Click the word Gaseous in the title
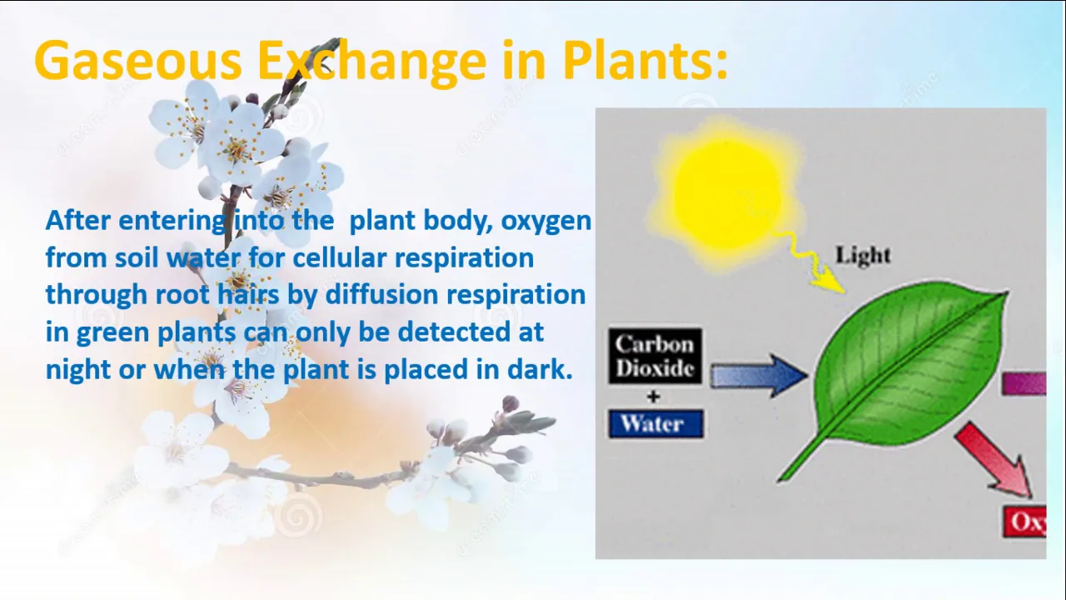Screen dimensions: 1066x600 [138, 61]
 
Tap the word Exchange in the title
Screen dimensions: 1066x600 [371, 62]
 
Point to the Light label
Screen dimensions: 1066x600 [863, 255]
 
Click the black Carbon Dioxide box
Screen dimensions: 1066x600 [655, 356]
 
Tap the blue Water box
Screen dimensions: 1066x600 [655, 424]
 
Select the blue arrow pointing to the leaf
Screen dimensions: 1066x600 [759, 376]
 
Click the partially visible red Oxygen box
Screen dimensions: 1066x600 [1024, 522]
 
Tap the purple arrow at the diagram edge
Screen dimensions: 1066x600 [1024, 384]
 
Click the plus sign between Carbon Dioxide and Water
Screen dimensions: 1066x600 [654, 397]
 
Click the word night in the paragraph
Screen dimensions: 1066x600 [78, 371]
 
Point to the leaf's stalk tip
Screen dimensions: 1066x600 [779, 481]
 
